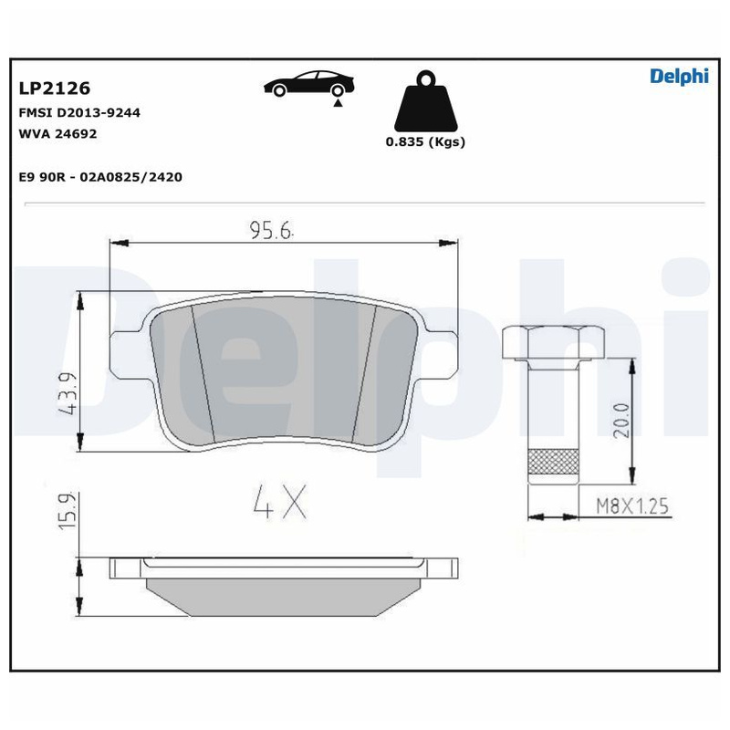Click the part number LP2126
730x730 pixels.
[55, 88]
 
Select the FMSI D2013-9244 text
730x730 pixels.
[79, 112]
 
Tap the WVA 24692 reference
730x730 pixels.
[57, 133]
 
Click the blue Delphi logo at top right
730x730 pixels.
[679, 77]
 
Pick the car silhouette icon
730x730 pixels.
[308, 84]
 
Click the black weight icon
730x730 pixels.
[425, 101]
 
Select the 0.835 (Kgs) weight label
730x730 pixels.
[425, 141]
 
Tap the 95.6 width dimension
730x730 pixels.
[271, 230]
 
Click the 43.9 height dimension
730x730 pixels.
[68, 393]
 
